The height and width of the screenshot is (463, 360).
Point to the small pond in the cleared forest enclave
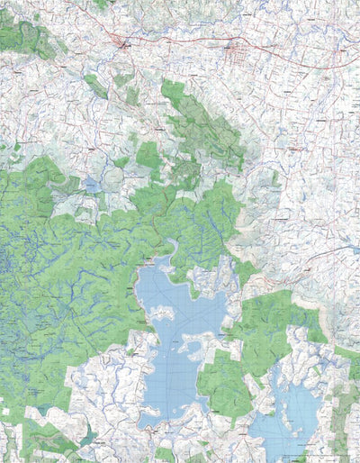pyautogui.click(x=93, y=185)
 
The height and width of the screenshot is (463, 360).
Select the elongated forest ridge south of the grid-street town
pyautogui.click(x=202, y=122)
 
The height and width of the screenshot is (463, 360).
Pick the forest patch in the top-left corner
pyautogui.click(x=22, y=36)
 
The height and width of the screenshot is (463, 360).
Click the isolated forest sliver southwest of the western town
pyautogui.click(x=94, y=86)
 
